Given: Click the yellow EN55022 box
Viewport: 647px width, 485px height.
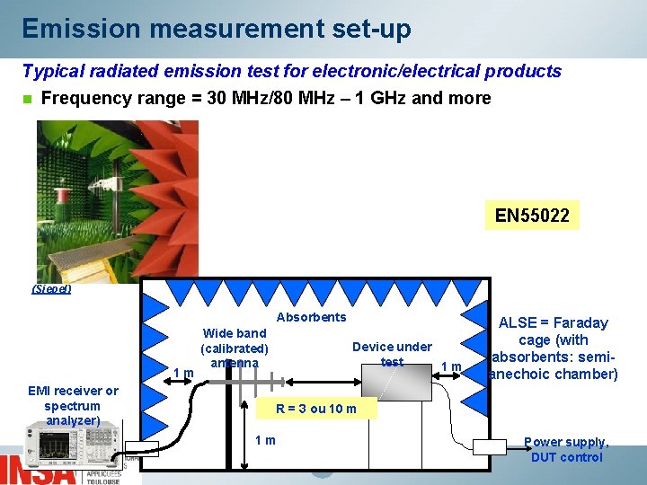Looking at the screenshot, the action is click(x=532, y=216).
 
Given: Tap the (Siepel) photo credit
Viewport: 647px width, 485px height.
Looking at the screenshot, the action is click(x=51, y=289).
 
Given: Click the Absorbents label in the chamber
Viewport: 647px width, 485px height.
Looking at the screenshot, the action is click(x=311, y=317).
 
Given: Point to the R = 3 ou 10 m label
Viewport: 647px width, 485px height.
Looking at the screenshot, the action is click(x=315, y=410).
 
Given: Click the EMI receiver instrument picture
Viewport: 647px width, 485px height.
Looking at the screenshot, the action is click(x=71, y=443).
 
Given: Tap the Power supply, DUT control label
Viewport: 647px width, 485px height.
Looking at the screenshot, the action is click(x=566, y=449).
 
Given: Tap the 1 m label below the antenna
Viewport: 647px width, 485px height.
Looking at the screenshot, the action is click(x=265, y=440).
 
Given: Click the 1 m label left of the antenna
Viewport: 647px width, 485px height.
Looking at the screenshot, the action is click(x=183, y=373).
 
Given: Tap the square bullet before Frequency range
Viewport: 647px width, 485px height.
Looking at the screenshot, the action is click(x=27, y=99).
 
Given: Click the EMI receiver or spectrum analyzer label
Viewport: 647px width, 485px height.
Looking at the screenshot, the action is click(x=73, y=405).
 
